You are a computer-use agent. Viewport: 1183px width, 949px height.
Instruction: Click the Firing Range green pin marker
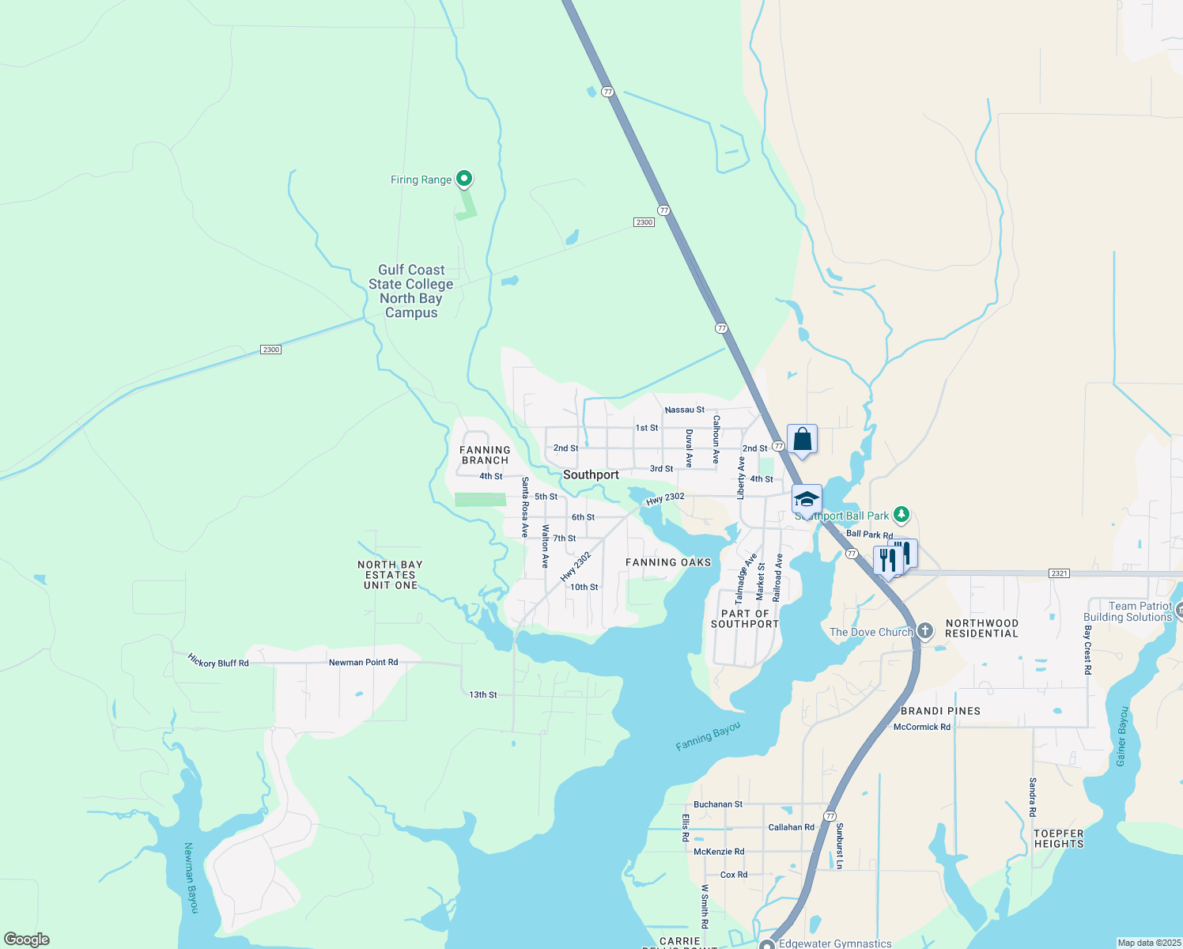click(x=465, y=179)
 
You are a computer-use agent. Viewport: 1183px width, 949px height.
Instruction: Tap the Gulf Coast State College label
click(x=411, y=291)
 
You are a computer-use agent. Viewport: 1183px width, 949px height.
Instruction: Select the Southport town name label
click(x=591, y=475)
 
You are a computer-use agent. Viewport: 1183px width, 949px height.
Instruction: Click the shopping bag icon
click(x=802, y=440)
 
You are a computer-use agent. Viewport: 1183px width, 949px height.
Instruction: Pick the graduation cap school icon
click(x=807, y=499)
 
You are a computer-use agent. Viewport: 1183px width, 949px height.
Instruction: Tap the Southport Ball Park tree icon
click(x=901, y=515)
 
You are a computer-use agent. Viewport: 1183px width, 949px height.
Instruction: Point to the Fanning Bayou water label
click(x=709, y=735)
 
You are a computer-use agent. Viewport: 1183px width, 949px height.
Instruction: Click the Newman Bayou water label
click(x=191, y=878)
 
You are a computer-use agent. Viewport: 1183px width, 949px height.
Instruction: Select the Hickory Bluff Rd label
click(x=218, y=660)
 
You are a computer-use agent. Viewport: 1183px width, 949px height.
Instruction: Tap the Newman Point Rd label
click(x=363, y=662)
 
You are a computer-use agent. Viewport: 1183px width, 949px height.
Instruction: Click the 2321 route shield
click(x=1060, y=573)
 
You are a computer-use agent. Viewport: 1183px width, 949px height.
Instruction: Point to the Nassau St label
click(x=684, y=410)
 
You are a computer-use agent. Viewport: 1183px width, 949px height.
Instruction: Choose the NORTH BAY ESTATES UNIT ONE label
click(x=390, y=575)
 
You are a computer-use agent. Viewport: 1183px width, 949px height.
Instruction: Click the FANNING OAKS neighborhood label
click(x=668, y=562)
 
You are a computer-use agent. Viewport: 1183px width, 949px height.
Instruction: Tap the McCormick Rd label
click(x=921, y=727)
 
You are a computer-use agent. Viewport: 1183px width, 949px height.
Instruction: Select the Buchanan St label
click(x=717, y=804)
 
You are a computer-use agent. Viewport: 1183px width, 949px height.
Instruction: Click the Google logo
click(x=27, y=939)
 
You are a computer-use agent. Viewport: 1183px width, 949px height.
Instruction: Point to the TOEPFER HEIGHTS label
click(x=1058, y=838)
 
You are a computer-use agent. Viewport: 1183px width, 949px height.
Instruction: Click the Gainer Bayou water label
click(x=1121, y=736)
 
